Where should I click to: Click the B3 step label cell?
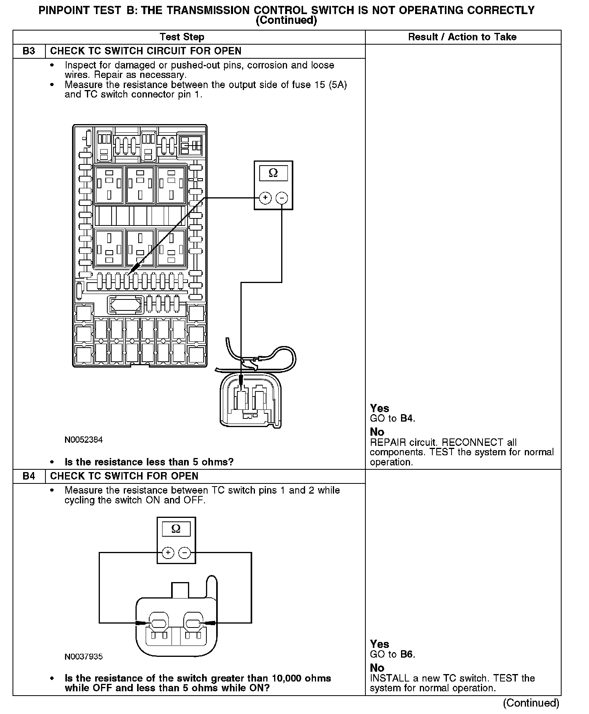[x=29, y=51]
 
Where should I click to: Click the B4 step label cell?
[x=29, y=476]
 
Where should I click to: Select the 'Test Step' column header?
[x=182, y=37]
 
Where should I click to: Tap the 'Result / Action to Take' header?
[x=462, y=37]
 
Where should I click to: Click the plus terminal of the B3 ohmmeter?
[x=265, y=198]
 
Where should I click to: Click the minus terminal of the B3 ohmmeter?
[x=282, y=198]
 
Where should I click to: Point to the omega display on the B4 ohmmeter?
[x=176, y=529]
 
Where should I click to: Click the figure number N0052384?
[x=83, y=440]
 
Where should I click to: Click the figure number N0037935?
[x=83, y=656]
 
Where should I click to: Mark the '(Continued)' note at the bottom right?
[x=531, y=703]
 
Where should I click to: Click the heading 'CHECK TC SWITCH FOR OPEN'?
[x=124, y=476]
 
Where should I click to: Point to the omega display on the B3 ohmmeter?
[x=273, y=173]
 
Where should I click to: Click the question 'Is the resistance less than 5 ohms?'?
[x=149, y=462]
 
